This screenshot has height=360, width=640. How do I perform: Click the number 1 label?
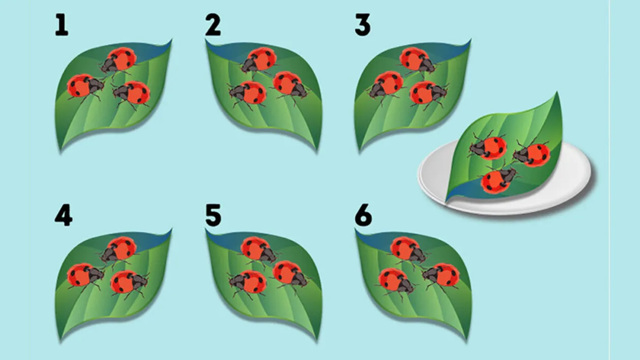[61, 25]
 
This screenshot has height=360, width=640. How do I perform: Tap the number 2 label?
[213, 25]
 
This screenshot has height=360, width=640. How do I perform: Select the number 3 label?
[363, 25]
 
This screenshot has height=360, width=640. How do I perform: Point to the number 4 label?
[63, 215]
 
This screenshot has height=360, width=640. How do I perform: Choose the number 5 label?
[213, 215]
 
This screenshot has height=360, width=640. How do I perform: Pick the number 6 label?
[364, 215]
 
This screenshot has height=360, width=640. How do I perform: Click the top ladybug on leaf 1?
[118, 60]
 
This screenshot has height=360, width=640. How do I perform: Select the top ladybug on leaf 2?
[259, 60]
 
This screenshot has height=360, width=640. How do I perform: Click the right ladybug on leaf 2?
[290, 85]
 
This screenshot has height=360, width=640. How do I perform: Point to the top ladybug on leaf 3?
[417, 60]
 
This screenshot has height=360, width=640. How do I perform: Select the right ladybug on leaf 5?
[290, 274]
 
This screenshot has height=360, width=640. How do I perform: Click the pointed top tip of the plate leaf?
[557, 92]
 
